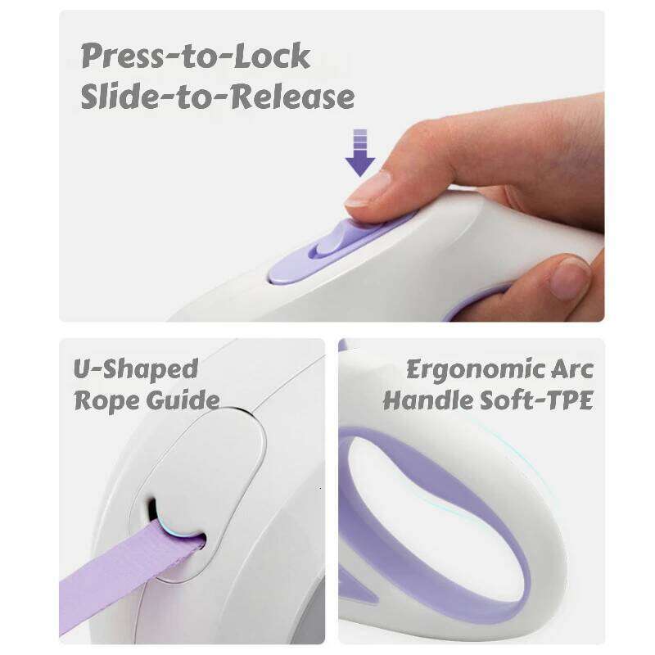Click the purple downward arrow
(360, 152)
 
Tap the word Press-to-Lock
(196, 56)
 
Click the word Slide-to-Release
(218, 97)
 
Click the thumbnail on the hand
(569, 278)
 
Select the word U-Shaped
(136, 369)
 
